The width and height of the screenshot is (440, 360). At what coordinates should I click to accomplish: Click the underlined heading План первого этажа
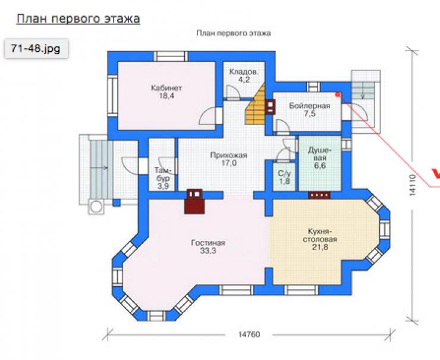click(x=78, y=18)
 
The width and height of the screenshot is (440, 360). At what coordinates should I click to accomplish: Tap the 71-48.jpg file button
click(x=36, y=49)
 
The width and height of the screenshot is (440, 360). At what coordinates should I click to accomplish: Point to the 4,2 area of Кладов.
click(x=244, y=80)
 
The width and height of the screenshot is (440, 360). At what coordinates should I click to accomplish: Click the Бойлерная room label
click(x=310, y=106)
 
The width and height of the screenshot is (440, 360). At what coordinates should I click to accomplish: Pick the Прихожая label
click(x=229, y=155)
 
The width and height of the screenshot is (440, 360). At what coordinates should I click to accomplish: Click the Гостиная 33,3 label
click(x=208, y=246)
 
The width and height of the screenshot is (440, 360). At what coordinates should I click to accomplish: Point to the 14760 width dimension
click(x=249, y=334)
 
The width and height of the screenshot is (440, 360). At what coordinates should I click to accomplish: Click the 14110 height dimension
click(x=412, y=185)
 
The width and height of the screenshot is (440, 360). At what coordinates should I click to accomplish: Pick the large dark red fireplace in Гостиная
click(x=194, y=201)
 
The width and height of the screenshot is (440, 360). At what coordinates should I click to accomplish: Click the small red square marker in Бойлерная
click(x=338, y=95)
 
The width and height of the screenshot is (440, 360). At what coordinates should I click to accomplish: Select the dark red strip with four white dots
click(x=319, y=195)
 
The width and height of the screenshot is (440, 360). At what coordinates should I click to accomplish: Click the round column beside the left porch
click(x=96, y=206)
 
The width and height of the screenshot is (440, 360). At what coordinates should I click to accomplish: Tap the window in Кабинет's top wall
click(x=171, y=56)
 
